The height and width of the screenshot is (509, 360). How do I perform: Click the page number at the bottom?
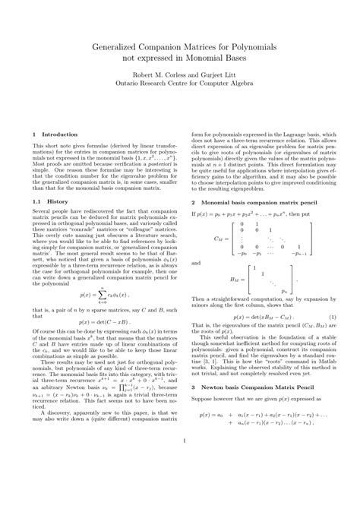click(180, 482)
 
